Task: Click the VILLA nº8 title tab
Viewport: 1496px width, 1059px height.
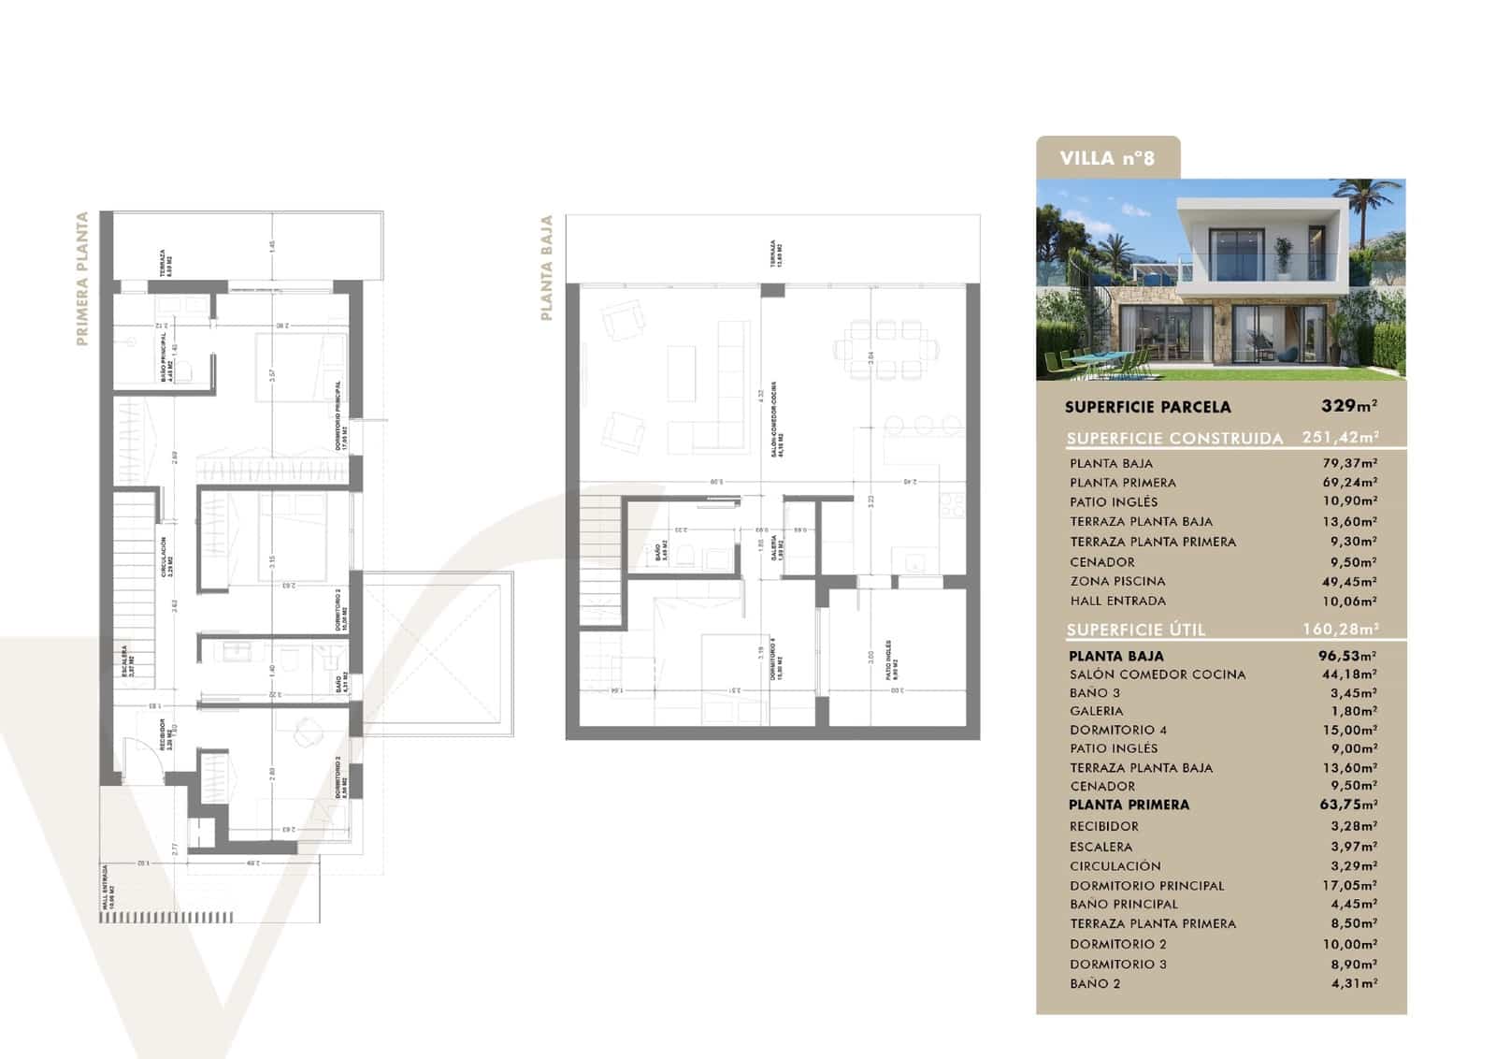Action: pyautogui.click(x=1107, y=158)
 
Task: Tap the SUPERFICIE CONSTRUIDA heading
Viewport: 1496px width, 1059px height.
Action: pyautogui.click(x=1174, y=438)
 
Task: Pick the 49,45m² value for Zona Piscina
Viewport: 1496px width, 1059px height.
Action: pyautogui.click(x=1353, y=581)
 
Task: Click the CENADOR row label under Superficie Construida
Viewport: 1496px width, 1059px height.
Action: pyautogui.click(x=1102, y=562)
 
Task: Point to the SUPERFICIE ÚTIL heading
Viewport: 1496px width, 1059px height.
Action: pyautogui.click(x=1136, y=630)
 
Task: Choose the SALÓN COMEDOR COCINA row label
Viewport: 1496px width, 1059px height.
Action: pyautogui.click(x=1158, y=675)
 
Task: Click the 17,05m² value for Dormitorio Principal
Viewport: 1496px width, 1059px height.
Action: pyautogui.click(x=1353, y=885)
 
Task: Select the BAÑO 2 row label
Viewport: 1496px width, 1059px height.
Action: pyautogui.click(x=1095, y=983)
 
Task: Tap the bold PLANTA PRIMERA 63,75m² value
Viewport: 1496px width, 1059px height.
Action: pyautogui.click(x=1347, y=805)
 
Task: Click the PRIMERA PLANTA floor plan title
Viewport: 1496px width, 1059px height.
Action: pyautogui.click(x=82, y=278)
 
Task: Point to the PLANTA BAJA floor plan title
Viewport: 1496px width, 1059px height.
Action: pyautogui.click(x=547, y=268)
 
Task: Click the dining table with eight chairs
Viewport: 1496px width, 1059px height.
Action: pyautogui.click(x=885, y=350)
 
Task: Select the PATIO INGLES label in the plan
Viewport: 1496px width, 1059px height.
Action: pyautogui.click(x=890, y=660)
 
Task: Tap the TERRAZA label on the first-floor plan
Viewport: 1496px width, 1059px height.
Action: pyautogui.click(x=165, y=263)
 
